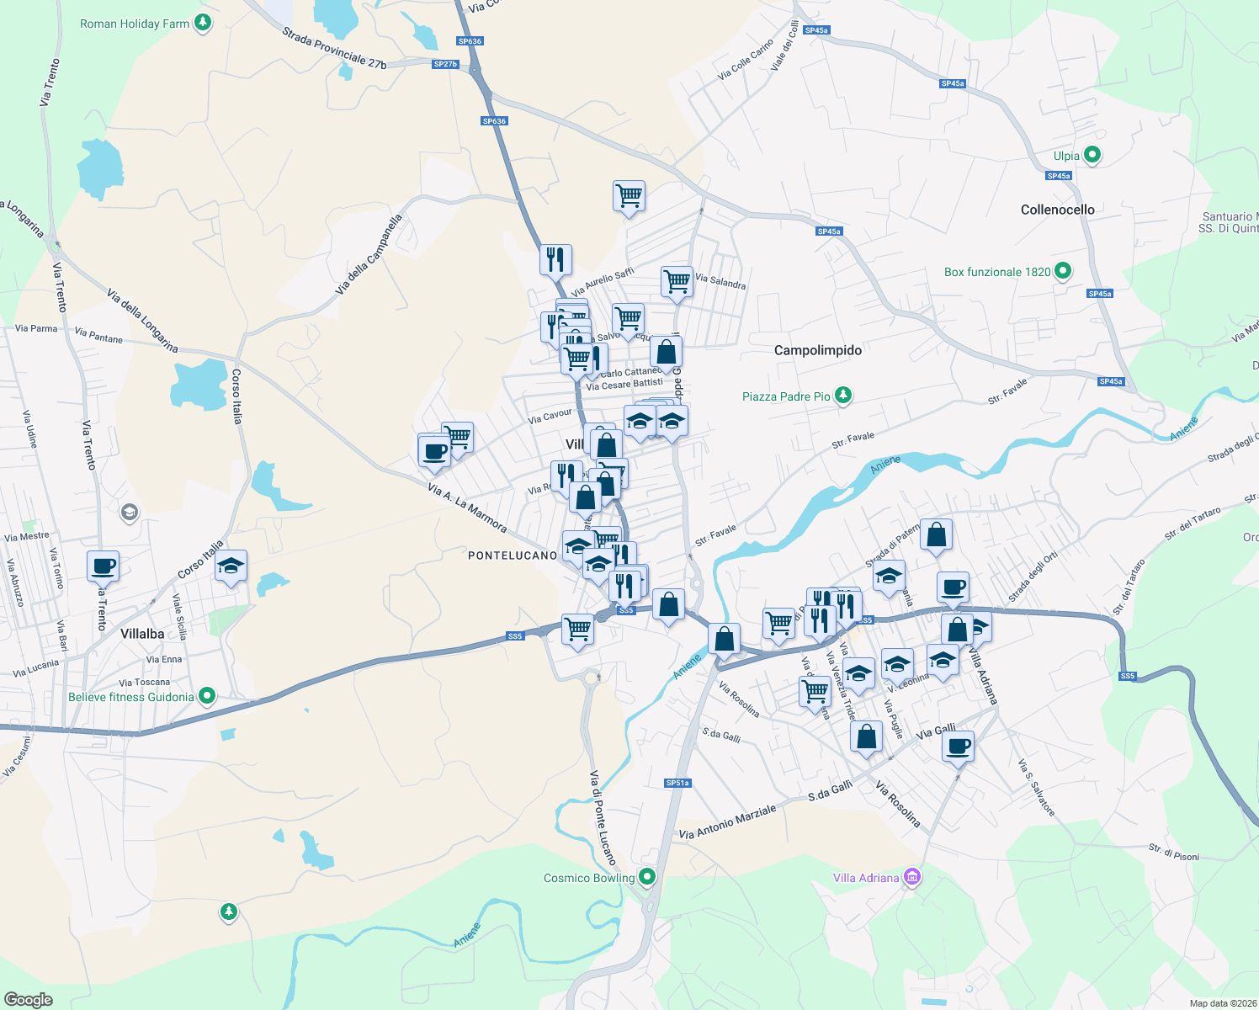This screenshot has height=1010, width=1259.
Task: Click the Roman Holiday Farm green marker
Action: [203, 23]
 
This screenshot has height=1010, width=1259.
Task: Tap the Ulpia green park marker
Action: [1092, 156]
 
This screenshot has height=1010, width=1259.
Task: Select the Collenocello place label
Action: [1058, 210]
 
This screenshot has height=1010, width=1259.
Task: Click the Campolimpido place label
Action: [818, 350]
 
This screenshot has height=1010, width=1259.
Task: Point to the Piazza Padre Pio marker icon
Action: [843, 396]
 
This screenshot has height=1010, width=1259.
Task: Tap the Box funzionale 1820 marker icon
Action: [1063, 271]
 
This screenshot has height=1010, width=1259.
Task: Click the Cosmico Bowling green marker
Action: [646, 877]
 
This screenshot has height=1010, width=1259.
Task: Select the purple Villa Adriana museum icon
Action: [911, 878]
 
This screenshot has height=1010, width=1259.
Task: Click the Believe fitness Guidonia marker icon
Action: [207, 696]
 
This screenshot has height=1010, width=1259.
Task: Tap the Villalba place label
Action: [142, 634]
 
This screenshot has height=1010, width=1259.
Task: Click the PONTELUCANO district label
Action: [513, 555]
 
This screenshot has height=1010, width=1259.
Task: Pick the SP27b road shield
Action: [445, 64]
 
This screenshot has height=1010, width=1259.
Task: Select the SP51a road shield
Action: [677, 783]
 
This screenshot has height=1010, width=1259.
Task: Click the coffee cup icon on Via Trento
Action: [104, 566]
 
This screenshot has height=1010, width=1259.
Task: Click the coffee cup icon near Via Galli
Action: [958, 745]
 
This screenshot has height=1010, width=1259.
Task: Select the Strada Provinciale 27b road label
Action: [334, 48]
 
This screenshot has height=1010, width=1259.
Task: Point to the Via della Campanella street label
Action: [369, 255]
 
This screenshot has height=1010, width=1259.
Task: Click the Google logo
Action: [29, 1000]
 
